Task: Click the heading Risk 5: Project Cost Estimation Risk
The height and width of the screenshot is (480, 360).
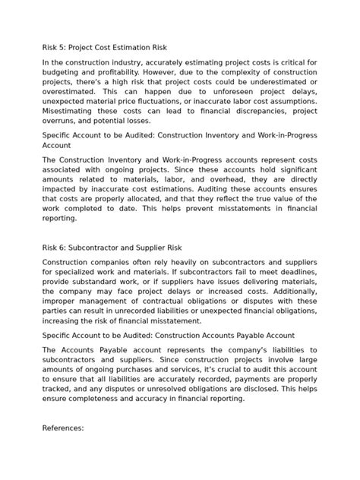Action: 104,48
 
